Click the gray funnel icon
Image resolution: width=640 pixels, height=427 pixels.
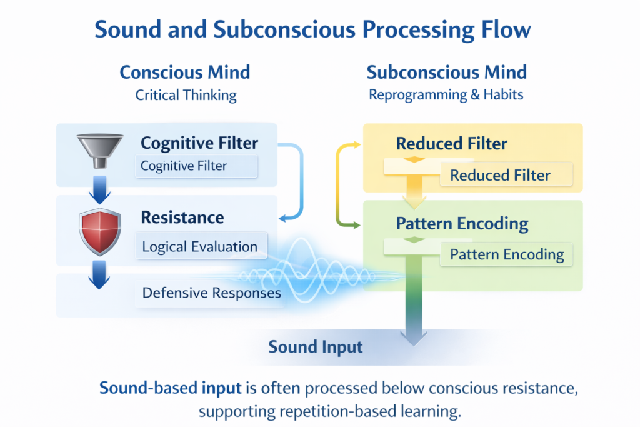pyautogui.click(x=99, y=151)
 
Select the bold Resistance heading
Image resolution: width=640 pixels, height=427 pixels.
pyautogui.click(x=182, y=218)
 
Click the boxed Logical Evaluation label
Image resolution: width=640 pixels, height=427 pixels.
pyautogui.click(x=199, y=246)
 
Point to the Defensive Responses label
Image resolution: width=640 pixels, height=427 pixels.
pyautogui.click(x=211, y=293)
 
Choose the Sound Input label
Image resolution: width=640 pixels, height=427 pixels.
pyautogui.click(x=315, y=346)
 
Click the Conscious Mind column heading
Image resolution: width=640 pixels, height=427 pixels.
pyautogui.click(x=185, y=72)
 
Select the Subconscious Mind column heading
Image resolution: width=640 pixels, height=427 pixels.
pyautogui.click(x=446, y=72)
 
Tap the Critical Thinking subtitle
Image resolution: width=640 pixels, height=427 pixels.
pyautogui.click(x=186, y=95)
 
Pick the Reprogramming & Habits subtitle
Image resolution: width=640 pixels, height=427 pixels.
pyautogui.click(x=446, y=95)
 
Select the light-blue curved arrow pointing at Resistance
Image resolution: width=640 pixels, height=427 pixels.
pyautogui.click(x=297, y=181)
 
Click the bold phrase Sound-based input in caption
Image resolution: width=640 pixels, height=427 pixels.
pyautogui.click(x=170, y=388)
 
